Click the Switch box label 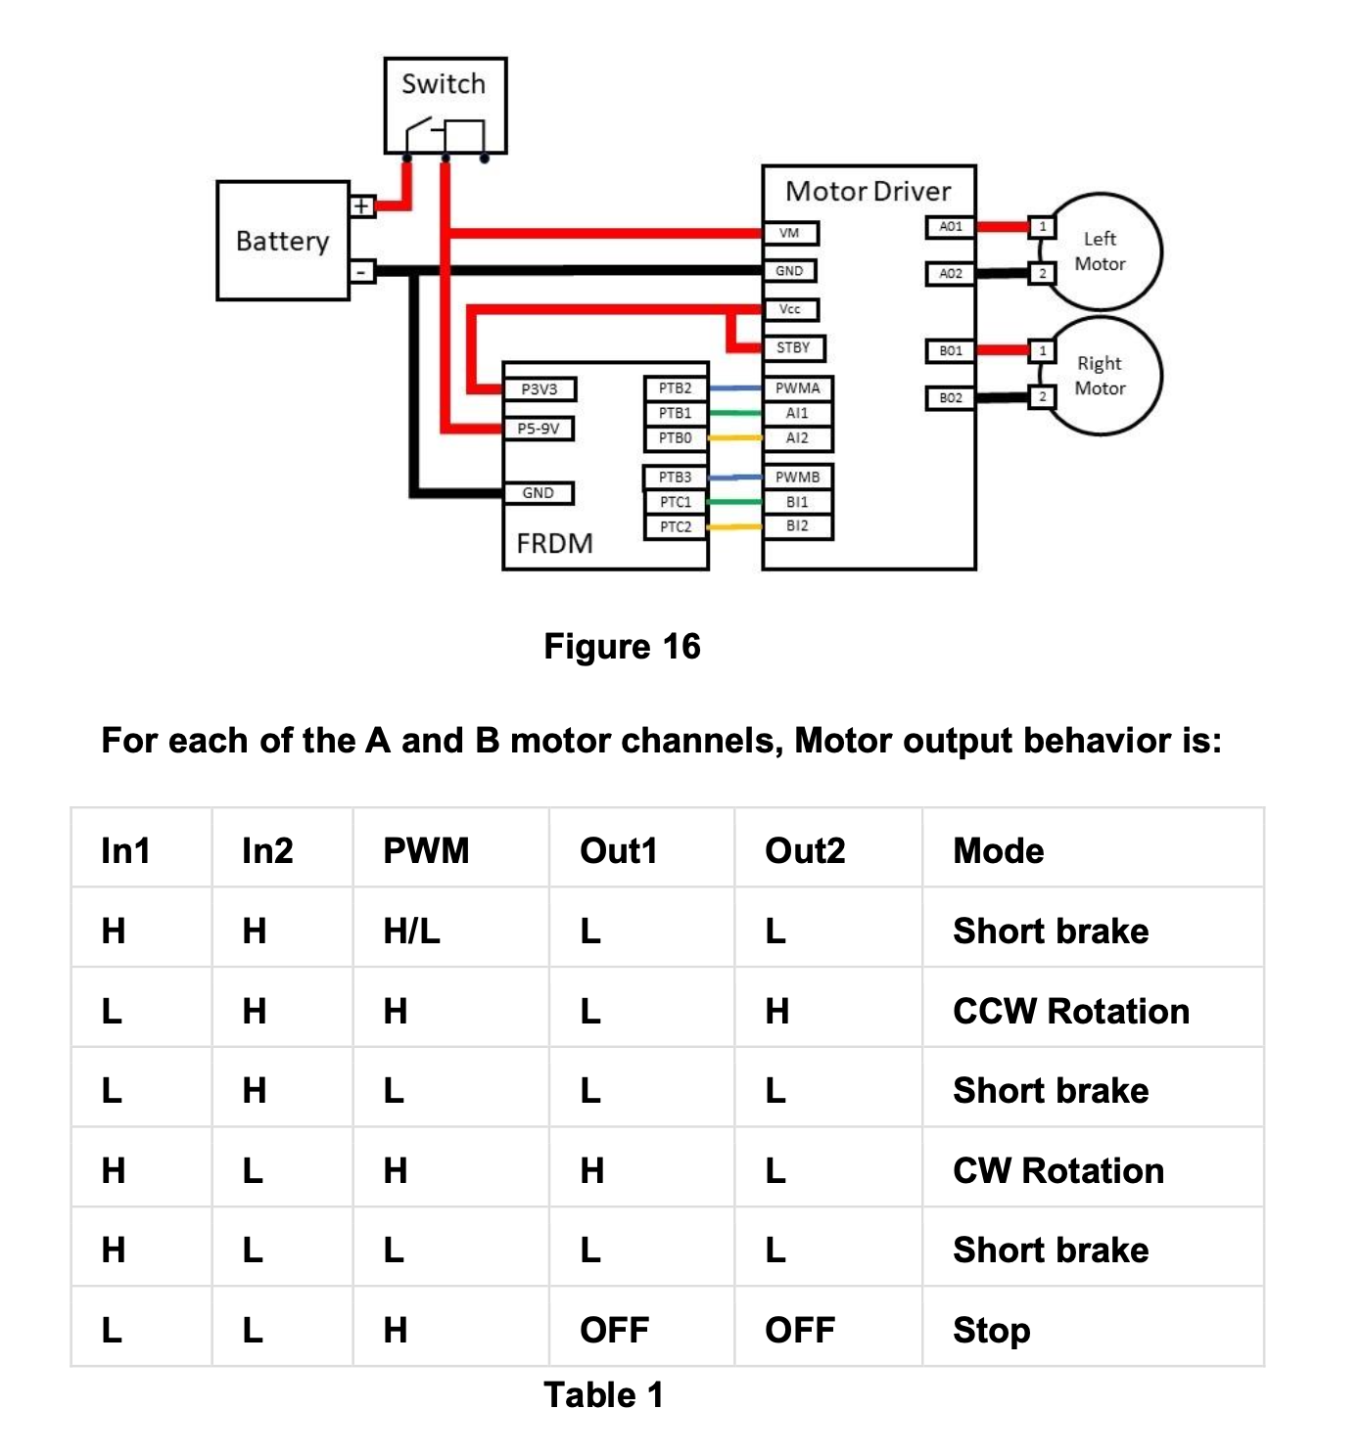tap(444, 84)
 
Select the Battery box tap(282, 241)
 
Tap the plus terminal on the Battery tap(361, 205)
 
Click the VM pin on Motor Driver tap(790, 233)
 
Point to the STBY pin tap(793, 347)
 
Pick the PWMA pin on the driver tap(797, 388)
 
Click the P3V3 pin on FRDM tap(539, 389)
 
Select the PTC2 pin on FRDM tap(675, 526)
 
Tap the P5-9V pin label tap(539, 429)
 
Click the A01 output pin tap(950, 227)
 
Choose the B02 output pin tap(950, 398)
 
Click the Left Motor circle tap(1101, 251)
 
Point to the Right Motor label tap(1101, 376)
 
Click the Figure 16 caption tap(622, 647)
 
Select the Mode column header tap(998, 850)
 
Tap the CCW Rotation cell tap(1070, 1011)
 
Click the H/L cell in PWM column tap(411, 931)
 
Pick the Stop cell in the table tap(991, 1330)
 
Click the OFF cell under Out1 tap(614, 1330)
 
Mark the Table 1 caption tap(603, 1394)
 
